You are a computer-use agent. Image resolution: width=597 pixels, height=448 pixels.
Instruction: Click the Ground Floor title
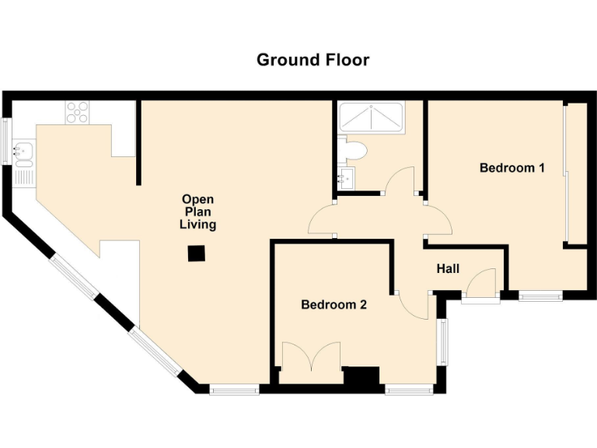pos(312,60)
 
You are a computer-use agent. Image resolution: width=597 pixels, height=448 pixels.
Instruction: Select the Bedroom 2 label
pos(333,305)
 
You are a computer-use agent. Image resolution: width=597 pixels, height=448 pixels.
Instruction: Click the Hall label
pos(448,269)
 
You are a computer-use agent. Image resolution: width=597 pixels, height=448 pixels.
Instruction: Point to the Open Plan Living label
pos(197,212)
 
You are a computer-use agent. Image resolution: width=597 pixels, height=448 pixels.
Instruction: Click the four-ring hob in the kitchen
pos(77,114)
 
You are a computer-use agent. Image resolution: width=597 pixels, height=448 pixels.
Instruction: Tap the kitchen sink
pos(23,152)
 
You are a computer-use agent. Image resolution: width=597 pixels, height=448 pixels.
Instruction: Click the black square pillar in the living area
pos(197,253)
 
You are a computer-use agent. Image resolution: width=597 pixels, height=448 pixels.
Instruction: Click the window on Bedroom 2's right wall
pos(444,341)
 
